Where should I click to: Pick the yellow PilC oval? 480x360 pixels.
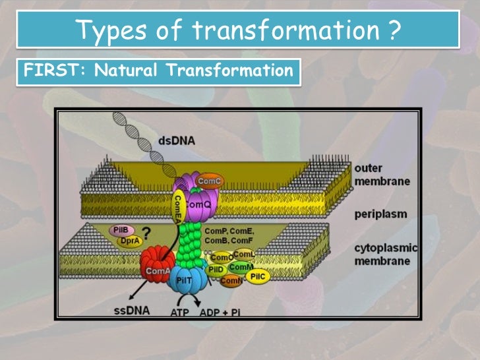258,277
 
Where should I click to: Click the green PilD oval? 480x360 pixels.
216,270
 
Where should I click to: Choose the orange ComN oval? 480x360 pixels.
230,282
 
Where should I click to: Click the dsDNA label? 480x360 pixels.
176,140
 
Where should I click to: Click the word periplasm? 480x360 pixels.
380,214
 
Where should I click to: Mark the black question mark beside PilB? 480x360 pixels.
144,233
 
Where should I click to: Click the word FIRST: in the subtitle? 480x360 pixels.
45,70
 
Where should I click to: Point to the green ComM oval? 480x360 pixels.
241,266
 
